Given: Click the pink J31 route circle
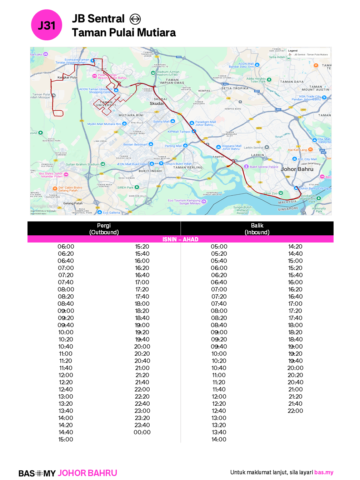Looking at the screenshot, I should pos(47,25).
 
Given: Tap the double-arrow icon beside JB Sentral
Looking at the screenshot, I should pos(135,19).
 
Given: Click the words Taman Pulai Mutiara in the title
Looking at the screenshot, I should pos(124,33).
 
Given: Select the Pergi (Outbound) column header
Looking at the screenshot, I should pos(104,229).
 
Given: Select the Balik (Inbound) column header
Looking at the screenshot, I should pos(257,229).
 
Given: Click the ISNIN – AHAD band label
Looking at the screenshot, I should pos(180,239).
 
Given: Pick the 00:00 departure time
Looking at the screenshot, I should pos(142,432).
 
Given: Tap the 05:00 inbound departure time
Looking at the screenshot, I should pos(219,246).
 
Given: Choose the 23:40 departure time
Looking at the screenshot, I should pos(142,425).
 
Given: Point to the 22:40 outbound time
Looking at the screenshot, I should pos(142,404).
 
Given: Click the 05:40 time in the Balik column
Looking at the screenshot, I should pos(219,261).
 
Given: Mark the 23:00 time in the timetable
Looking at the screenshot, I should pos(142,411).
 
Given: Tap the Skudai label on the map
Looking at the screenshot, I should pos(156,104).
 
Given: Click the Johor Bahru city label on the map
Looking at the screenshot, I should pos(297,169).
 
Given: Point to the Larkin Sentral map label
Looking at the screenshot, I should pos(254,147).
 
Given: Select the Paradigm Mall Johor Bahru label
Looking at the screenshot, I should pos(205,123).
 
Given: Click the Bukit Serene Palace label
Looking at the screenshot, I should pos(264,167).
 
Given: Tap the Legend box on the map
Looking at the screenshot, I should pos(309,53).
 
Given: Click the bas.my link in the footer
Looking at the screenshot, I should pos(324,472).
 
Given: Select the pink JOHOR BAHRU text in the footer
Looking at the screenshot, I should pos(87,473).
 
